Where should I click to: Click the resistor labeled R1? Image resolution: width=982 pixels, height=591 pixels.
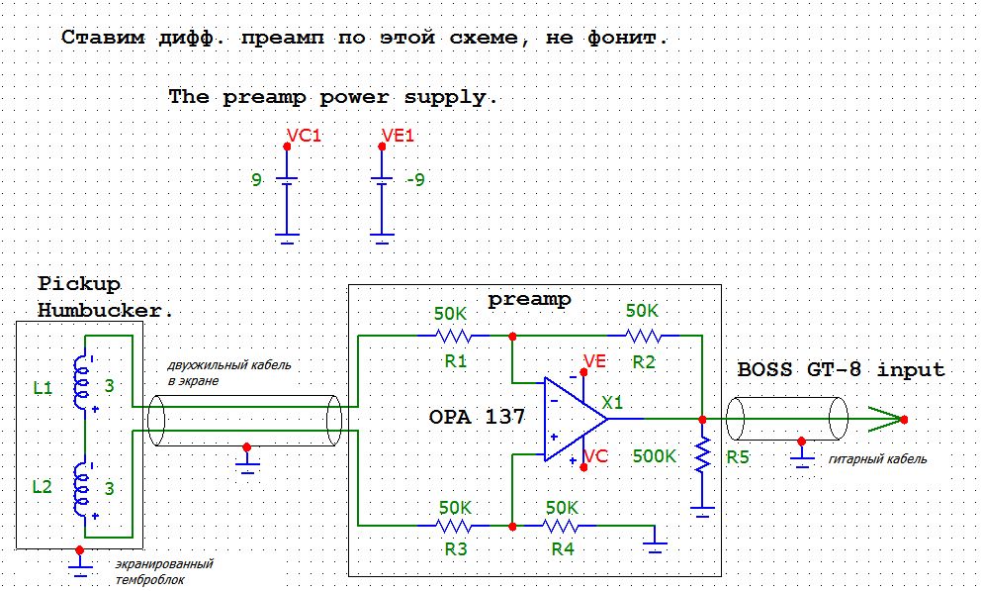point(454,336)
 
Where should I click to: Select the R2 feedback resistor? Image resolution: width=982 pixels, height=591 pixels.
point(642,336)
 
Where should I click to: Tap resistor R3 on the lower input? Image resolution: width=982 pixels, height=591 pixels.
point(454,526)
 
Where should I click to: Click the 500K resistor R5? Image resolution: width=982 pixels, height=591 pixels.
point(702,456)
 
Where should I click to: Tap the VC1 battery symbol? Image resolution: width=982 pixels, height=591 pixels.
point(287,180)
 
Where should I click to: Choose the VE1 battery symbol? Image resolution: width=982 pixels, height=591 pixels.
point(382,180)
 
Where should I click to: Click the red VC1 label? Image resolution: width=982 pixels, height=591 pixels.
point(304,136)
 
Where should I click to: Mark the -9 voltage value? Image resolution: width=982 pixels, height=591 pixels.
point(414,181)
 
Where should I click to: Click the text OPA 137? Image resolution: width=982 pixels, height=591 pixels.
point(477,417)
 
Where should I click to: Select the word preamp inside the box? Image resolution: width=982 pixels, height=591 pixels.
point(529,299)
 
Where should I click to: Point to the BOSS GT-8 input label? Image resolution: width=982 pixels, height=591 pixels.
point(841,370)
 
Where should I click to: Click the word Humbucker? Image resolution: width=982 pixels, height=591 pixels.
point(105,310)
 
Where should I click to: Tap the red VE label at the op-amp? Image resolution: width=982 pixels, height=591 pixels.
point(594,362)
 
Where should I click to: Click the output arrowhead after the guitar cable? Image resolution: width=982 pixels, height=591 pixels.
point(887,419)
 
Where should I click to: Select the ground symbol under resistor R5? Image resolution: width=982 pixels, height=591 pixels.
point(702,512)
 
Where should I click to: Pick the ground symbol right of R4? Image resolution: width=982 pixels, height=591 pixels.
point(653,541)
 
